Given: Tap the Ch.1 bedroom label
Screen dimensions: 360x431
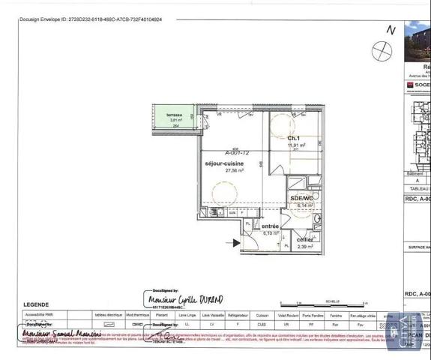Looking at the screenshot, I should pyautogui.click(x=293, y=139).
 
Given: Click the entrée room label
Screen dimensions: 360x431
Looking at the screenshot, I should pyautogui.click(x=270, y=226).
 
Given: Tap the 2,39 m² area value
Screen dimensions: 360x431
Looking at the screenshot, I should pyautogui.click(x=305, y=246).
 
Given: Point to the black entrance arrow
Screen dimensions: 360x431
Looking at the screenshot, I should pyautogui.click(x=238, y=241).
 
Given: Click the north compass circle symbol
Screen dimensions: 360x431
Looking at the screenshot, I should pyautogui.click(x=382, y=50).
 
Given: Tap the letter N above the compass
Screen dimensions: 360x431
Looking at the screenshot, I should pyautogui.click(x=390, y=30).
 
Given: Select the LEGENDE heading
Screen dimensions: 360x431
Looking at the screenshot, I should pyautogui.click(x=37, y=305).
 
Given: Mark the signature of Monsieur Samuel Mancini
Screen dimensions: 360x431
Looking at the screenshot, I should pyautogui.click(x=61, y=332).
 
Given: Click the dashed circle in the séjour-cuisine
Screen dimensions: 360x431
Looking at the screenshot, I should pyautogui.click(x=225, y=195).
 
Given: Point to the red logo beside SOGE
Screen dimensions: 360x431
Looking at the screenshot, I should pyautogui.click(x=409, y=85).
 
